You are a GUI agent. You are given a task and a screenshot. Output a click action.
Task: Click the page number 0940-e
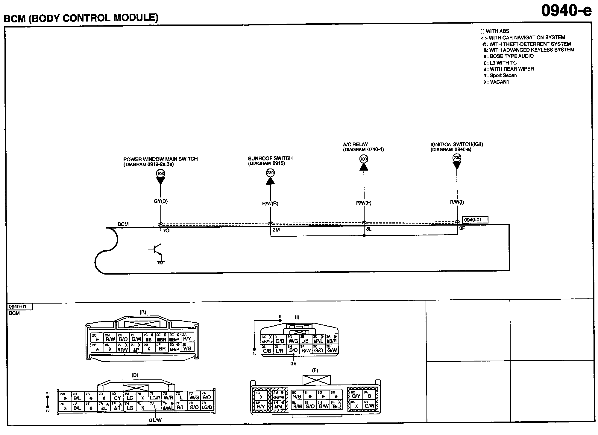point(566,11)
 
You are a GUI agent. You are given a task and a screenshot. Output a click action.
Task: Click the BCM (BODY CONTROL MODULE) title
point(81,18)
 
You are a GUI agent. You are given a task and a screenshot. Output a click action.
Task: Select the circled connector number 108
point(160,173)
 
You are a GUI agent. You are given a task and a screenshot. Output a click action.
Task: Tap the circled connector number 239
point(270,173)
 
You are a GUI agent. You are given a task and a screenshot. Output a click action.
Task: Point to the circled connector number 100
point(364,159)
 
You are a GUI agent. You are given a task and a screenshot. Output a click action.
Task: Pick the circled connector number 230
point(457,157)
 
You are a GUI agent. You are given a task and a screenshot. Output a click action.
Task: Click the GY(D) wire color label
point(161,201)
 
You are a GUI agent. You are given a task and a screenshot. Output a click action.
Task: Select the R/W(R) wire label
point(270,204)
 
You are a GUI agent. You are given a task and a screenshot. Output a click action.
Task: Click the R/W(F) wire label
point(364,203)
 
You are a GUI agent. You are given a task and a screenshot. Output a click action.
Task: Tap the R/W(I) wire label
point(457,202)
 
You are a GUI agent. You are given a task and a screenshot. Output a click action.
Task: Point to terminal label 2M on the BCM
point(276,230)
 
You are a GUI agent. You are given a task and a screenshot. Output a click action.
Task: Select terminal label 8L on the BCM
point(369,229)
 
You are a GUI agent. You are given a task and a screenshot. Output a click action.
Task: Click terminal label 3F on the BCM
point(462,229)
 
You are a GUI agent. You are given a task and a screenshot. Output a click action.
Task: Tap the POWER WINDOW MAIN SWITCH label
point(160,159)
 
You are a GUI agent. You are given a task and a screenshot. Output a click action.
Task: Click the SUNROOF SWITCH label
point(270,158)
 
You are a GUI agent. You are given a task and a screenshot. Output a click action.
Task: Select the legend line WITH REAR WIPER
point(512,69)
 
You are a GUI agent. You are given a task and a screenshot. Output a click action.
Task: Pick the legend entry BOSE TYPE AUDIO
point(511,56)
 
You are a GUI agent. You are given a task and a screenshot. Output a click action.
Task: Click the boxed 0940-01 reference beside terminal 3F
point(475,220)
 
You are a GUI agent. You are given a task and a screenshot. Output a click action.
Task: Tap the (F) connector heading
point(315,370)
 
